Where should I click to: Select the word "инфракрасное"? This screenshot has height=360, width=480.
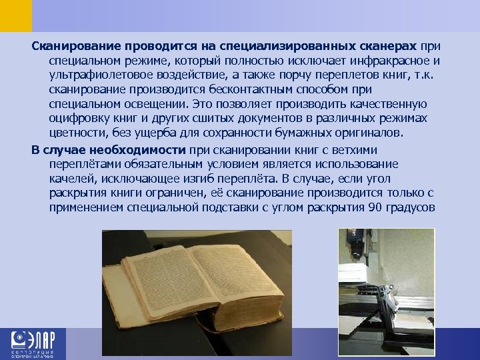[x=385, y=61]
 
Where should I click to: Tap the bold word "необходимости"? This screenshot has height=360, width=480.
[x=140, y=150]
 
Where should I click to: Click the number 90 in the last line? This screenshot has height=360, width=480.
[x=375, y=207]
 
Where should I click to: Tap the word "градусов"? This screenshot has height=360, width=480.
[x=411, y=207]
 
